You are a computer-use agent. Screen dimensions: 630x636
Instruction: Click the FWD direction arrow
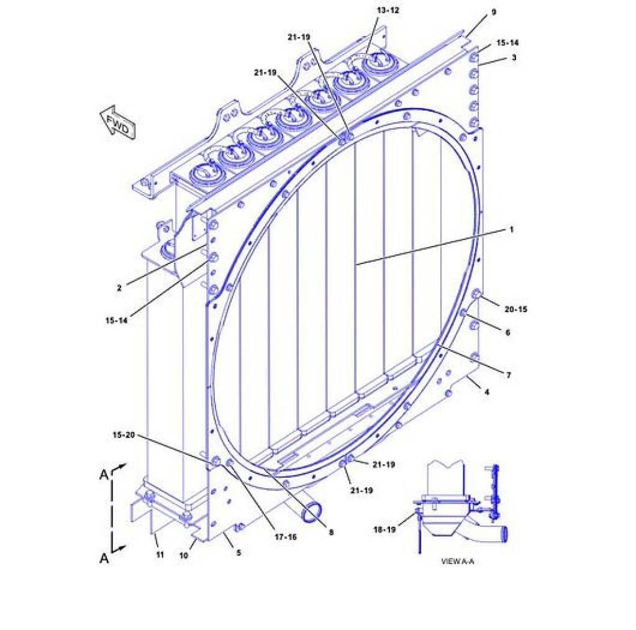point(117,122)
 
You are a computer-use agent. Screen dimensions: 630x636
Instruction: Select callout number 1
point(511,230)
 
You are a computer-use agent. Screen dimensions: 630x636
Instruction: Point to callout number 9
point(494,12)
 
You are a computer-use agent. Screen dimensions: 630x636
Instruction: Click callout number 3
point(514,58)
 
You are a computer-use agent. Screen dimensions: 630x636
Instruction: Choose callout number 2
point(119,288)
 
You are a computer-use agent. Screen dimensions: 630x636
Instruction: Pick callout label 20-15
point(516,309)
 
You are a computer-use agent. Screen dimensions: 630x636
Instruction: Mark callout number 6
point(507,332)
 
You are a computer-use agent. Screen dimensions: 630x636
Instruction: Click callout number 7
point(509,375)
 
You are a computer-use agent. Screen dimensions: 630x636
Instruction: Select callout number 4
point(487,392)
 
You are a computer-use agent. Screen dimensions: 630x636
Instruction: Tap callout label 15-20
point(123,435)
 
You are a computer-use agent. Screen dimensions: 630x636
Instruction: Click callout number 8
point(331,532)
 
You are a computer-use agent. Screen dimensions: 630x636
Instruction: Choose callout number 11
point(160,554)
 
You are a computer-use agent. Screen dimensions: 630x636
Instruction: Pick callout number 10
point(183,555)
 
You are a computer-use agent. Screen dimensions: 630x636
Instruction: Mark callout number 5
point(238,552)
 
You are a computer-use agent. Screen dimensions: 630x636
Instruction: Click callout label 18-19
point(384,529)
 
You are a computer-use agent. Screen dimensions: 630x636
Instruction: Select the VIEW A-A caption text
point(457,561)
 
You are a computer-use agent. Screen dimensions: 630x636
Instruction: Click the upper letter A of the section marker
point(104,475)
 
